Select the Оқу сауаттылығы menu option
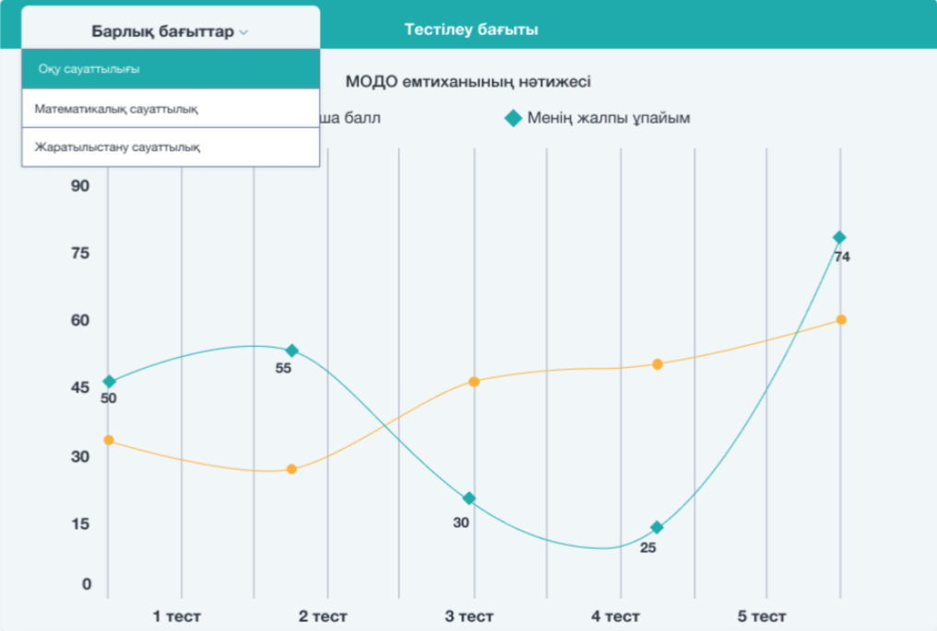coord(89,69)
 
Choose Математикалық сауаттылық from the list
coord(116,109)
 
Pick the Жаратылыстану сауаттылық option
coord(117,147)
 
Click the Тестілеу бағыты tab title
coord(471,30)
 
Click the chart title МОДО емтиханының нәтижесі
coord(468,81)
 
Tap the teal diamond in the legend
coord(513,118)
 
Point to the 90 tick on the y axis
coord(80,186)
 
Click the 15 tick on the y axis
coord(80,524)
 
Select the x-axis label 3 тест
coord(469,616)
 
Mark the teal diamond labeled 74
coord(839,238)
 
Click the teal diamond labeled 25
coord(657,528)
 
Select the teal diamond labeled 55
coord(291,351)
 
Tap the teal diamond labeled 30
coord(469,498)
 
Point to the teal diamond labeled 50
coord(109,381)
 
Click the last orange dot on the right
coord(841,319)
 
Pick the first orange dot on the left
coord(109,440)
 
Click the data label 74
coord(841,257)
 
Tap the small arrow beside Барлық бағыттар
coord(243,32)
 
